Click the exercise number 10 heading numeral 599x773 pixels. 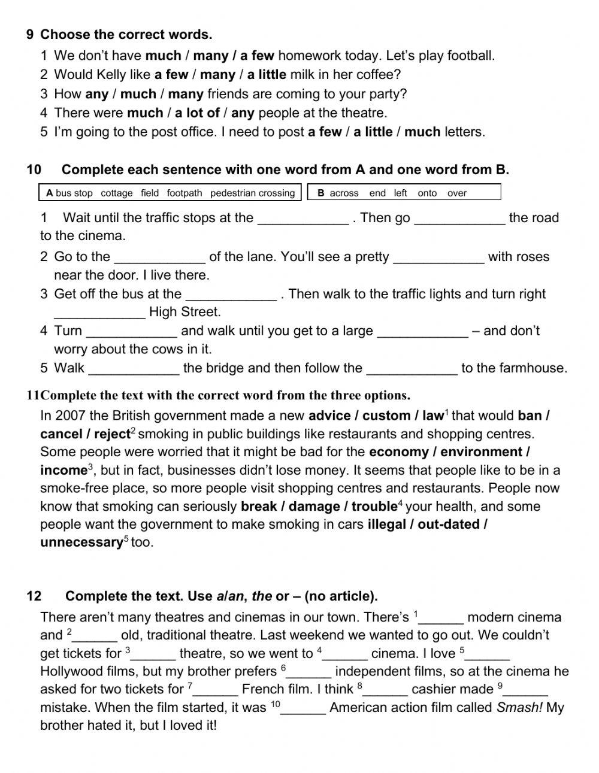tap(34, 170)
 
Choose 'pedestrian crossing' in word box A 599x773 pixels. tap(253, 193)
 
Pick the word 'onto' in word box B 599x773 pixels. tap(427, 193)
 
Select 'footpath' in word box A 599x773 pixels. tap(184, 193)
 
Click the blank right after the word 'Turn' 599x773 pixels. tap(132, 331)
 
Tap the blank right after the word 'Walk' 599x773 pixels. tap(134, 368)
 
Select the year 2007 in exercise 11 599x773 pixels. tap(71, 416)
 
